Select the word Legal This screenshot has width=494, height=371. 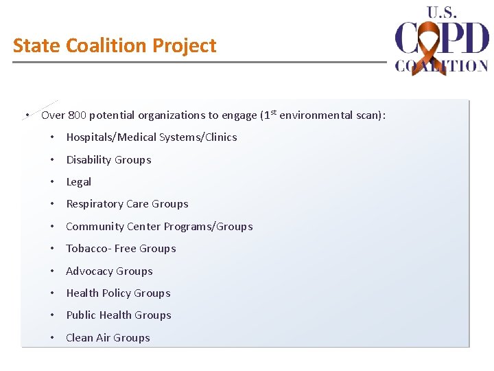coord(78,182)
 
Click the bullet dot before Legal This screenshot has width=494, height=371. coord(52,182)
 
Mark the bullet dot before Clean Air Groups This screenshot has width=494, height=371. coord(52,338)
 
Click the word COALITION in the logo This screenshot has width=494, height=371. coord(441,66)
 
